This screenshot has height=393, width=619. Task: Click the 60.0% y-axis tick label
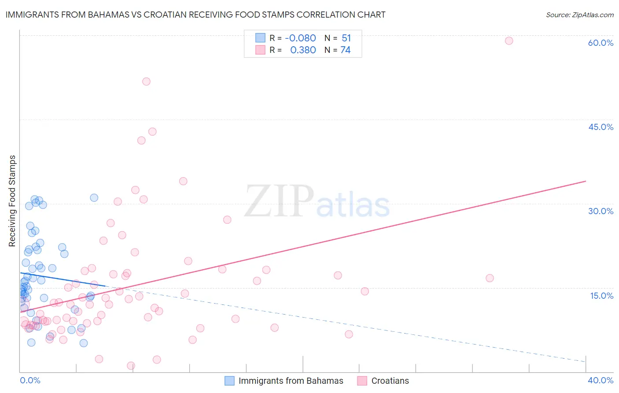pyautogui.click(x=601, y=43)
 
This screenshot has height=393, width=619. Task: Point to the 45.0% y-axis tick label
pyautogui.click(x=601, y=127)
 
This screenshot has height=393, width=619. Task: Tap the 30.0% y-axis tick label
pyautogui.click(x=601, y=211)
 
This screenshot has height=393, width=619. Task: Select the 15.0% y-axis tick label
pyautogui.click(x=601, y=296)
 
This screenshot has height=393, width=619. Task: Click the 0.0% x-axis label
pyautogui.click(x=30, y=380)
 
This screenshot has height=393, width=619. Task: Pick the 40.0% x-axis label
pyautogui.click(x=600, y=380)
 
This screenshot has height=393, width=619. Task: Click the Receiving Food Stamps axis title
pyautogui.click(x=12, y=201)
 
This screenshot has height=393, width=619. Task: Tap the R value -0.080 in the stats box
pyautogui.click(x=300, y=38)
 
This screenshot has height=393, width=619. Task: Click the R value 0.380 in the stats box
pyautogui.click(x=303, y=50)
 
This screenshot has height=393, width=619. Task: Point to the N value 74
pyautogui.click(x=345, y=50)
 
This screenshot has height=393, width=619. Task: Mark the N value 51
pyautogui.click(x=346, y=38)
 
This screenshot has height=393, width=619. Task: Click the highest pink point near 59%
pyautogui.click(x=509, y=41)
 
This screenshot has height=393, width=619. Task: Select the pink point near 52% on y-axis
pyautogui.click(x=146, y=82)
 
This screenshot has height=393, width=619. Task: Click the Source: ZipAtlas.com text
pyautogui.click(x=579, y=15)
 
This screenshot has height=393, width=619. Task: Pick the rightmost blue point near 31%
pyautogui.click(x=94, y=198)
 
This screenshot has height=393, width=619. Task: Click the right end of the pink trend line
pyautogui.click(x=586, y=181)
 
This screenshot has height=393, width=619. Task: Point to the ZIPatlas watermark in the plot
pyautogui.click(x=317, y=202)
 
